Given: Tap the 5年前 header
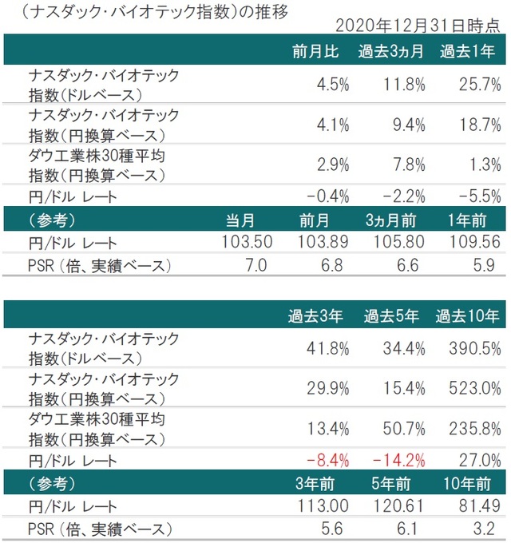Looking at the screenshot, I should click(x=391, y=482).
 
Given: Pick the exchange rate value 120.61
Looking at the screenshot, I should click(x=395, y=505).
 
